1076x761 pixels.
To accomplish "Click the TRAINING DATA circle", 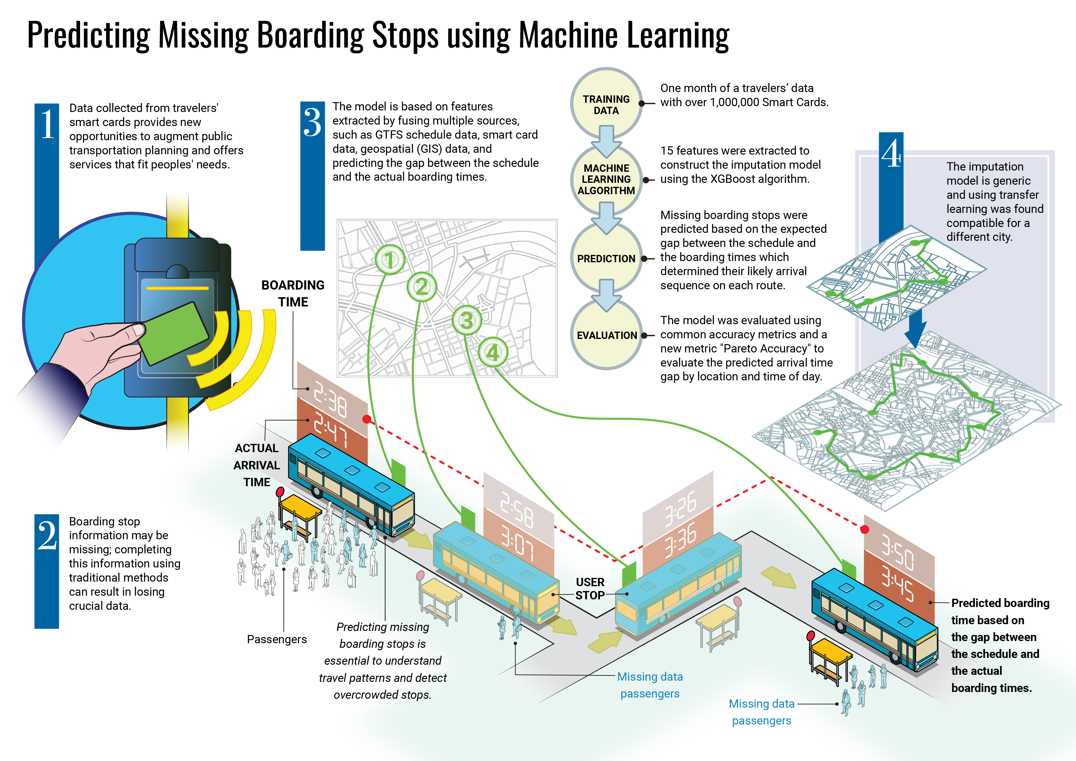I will [x=606, y=104].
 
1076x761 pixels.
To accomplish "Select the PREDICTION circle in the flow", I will [x=606, y=258].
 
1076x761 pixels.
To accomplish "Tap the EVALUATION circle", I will [x=606, y=335].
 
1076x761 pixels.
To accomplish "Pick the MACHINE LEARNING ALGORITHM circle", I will [x=606, y=179].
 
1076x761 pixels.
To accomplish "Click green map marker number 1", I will [x=390, y=259].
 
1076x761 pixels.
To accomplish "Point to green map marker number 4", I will [x=493, y=352].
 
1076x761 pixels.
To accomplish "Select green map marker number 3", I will [x=466, y=321].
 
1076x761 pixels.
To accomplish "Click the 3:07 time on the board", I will [x=517, y=543].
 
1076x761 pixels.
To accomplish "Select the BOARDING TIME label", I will [x=293, y=293].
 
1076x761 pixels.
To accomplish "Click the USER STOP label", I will [x=590, y=589].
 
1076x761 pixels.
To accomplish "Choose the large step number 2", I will [x=47, y=535].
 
